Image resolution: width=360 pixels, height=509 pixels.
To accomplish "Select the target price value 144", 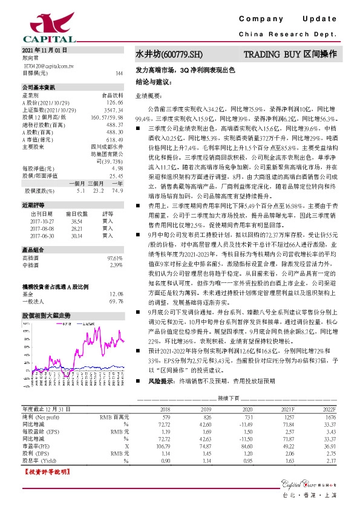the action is pos(119,73).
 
